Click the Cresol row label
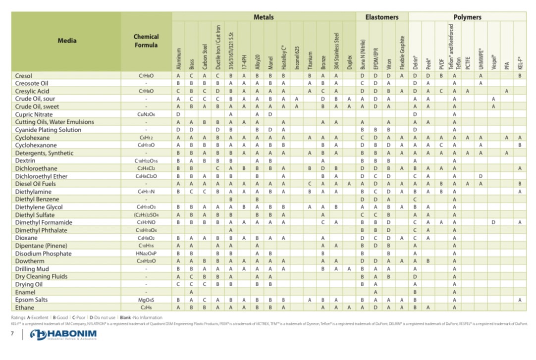24,76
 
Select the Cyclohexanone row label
36,145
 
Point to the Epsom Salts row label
31,300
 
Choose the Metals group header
264,17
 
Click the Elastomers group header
382,17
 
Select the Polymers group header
467,17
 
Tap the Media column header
67,41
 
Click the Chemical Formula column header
146,41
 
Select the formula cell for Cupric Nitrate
146,114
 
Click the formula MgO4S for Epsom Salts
146,300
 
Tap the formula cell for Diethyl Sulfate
146,215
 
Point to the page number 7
12,334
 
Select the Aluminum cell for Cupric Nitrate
178,114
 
